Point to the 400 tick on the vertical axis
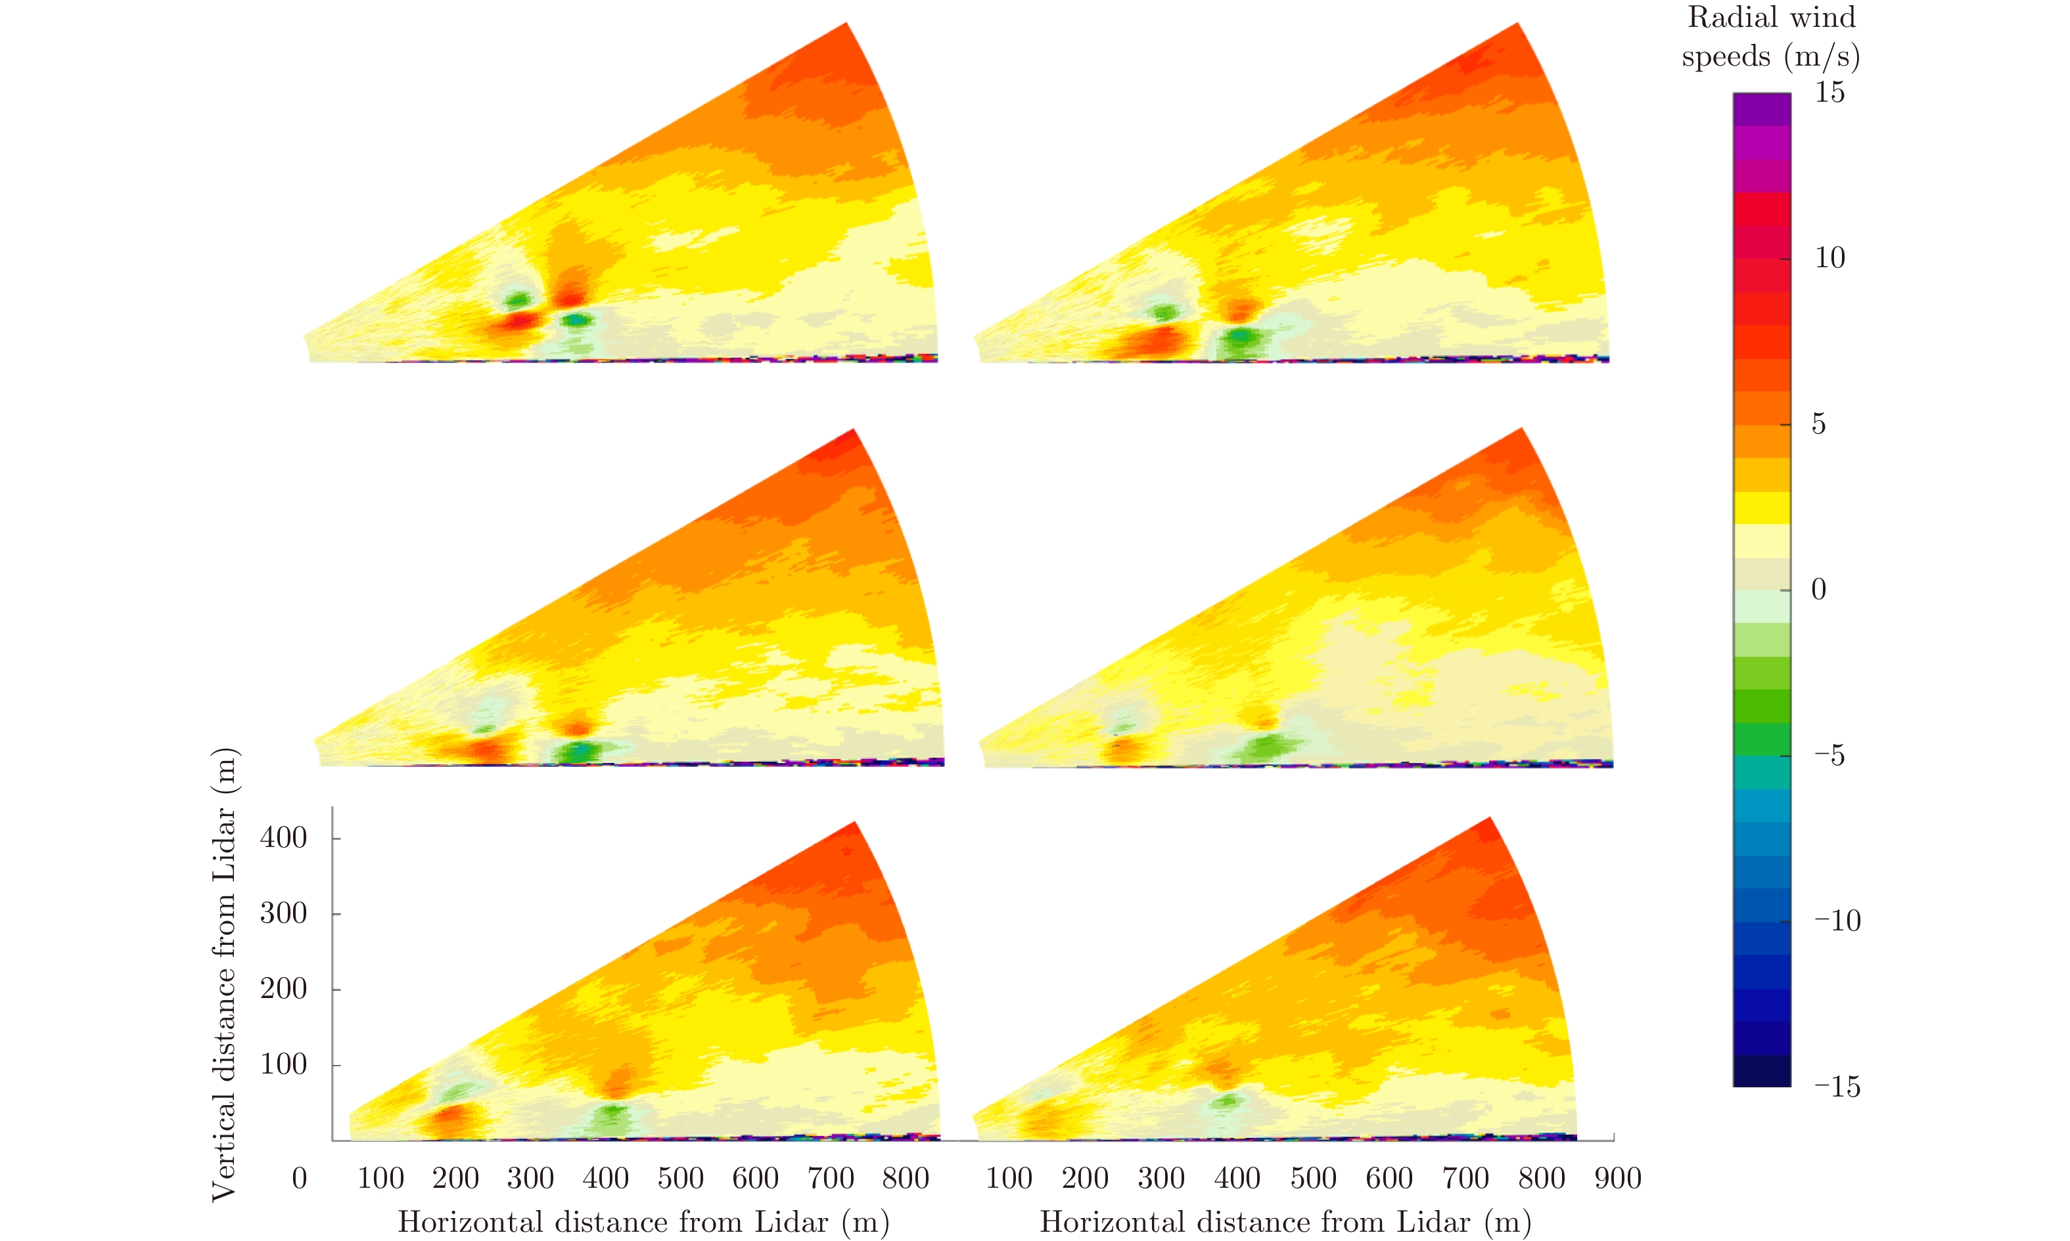coord(284,838)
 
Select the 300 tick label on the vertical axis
coord(284,913)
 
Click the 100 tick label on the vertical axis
coord(284,1064)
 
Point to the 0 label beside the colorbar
coord(1819,590)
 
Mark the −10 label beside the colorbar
coord(1837,921)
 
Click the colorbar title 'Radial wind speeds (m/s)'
coord(1770,37)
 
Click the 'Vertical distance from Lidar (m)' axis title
coord(224,974)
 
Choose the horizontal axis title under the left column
coord(643,1222)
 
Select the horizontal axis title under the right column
coord(1285,1222)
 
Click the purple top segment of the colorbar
coord(1761,110)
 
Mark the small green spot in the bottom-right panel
coord(1228,1100)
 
